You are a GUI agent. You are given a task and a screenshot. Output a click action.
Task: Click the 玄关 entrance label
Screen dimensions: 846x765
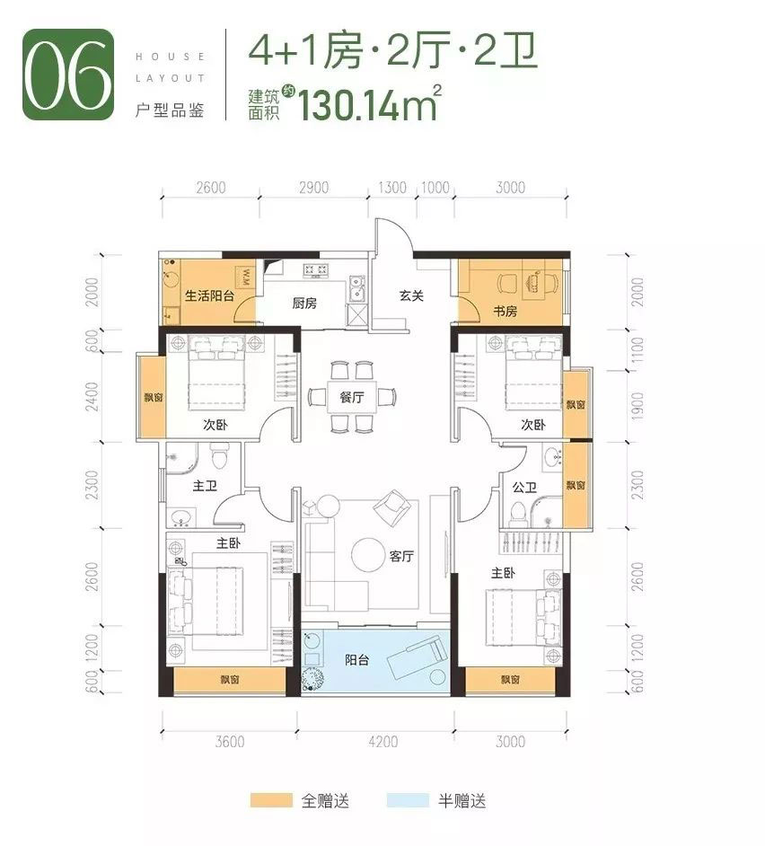[411, 296]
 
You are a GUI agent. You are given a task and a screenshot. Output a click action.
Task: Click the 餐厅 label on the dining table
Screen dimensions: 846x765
[352, 398]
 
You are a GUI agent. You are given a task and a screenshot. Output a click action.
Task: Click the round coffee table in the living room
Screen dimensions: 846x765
[368, 555]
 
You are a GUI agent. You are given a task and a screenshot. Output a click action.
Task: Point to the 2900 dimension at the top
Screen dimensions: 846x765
[313, 188]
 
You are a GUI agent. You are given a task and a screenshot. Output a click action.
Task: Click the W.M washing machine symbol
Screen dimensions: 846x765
[244, 274]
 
